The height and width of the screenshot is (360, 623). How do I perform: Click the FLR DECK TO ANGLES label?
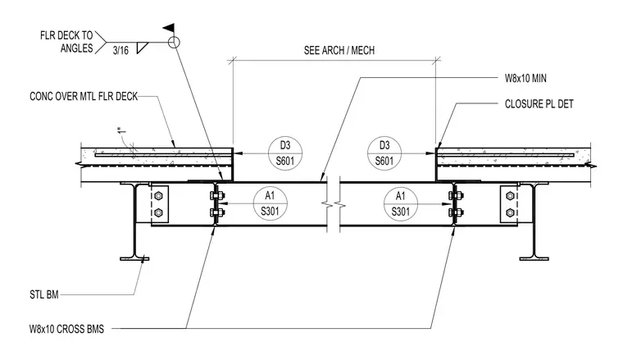(66, 42)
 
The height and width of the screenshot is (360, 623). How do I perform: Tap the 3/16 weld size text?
(121, 51)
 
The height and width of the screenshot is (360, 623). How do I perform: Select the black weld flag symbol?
(169, 28)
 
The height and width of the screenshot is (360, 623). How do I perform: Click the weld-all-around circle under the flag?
(174, 42)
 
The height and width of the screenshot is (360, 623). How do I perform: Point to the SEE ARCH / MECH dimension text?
(339, 51)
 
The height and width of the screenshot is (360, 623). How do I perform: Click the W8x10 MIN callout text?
(525, 78)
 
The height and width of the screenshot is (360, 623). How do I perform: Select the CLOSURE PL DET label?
(539, 104)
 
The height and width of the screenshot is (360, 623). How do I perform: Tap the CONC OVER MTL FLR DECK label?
(84, 96)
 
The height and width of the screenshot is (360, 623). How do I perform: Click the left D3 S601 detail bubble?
(285, 153)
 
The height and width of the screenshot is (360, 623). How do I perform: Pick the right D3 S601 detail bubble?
(384, 153)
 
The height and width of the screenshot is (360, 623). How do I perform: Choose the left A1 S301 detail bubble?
(271, 204)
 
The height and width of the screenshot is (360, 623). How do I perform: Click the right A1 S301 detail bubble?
(401, 204)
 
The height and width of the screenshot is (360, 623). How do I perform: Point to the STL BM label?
(44, 295)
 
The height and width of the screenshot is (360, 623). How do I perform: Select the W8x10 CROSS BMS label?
(66, 329)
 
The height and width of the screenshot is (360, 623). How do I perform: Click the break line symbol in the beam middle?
(334, 205)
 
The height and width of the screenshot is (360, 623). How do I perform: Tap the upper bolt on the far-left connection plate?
(158, 196)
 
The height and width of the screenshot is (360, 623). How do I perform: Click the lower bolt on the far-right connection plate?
(510, 213)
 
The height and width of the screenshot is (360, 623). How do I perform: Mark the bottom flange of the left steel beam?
(134, 258)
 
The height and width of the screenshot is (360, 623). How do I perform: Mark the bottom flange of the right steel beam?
(534, 258)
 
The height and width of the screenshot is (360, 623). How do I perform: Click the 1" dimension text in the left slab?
(122, 130)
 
